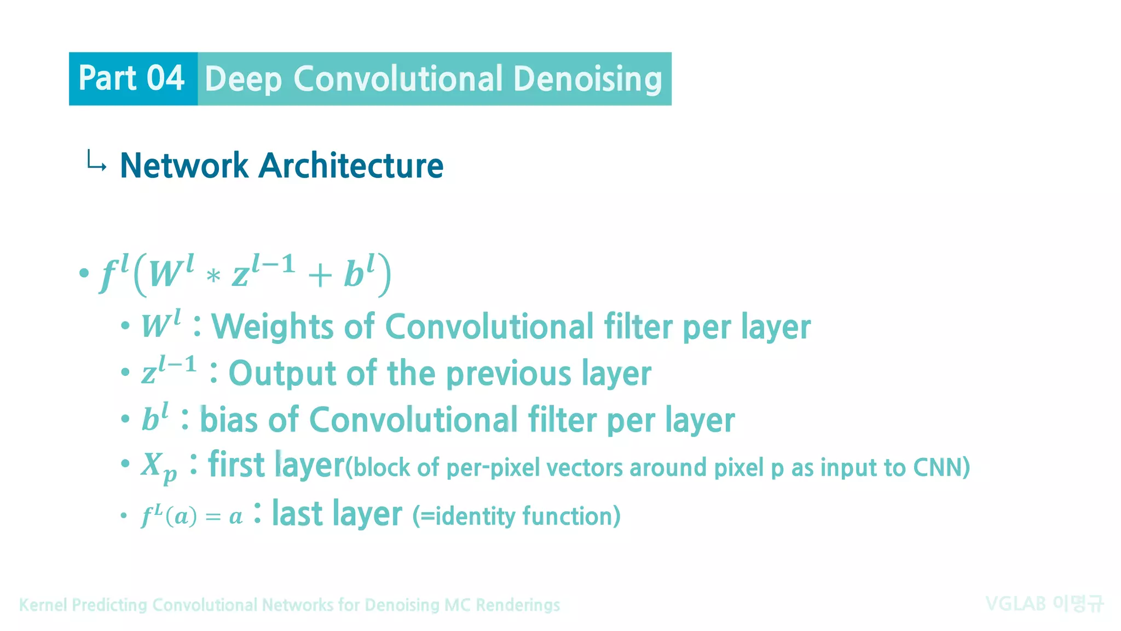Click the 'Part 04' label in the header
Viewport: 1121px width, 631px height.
[131, 78]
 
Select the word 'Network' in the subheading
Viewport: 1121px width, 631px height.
[184, 165]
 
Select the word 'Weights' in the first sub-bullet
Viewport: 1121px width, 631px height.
[272, 327]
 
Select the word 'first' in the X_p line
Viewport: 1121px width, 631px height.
[236, 465]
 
